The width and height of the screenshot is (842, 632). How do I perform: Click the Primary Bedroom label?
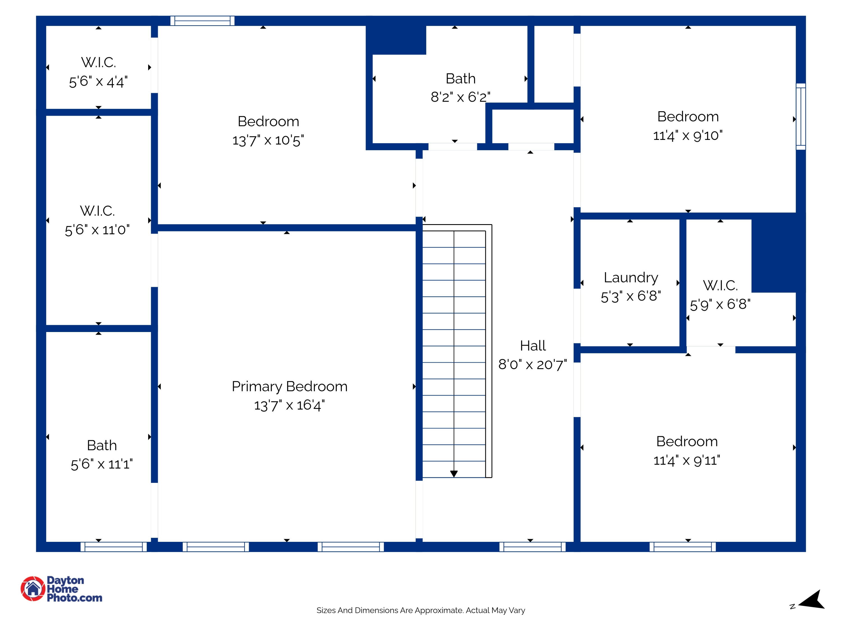click(289, 387)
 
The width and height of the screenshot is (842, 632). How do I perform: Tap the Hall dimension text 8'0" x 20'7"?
click(532, 365)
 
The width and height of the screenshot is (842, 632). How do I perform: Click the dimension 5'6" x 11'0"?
click(97, 230)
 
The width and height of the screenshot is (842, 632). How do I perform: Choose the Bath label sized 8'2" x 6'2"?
click(461, 79)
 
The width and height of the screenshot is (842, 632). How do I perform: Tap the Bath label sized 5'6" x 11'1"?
click(102, 445)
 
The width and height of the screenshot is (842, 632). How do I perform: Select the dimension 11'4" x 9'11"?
click(687, 461)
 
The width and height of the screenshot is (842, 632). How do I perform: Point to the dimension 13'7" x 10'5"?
click(268, 140)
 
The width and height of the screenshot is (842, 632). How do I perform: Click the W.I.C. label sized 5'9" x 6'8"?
click(720, 285)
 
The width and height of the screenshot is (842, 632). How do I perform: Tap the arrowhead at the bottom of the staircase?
click(454, 474)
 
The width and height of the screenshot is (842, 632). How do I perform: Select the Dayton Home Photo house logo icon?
click(33, 588)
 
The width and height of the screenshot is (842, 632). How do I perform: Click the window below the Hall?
click(532, 547)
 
